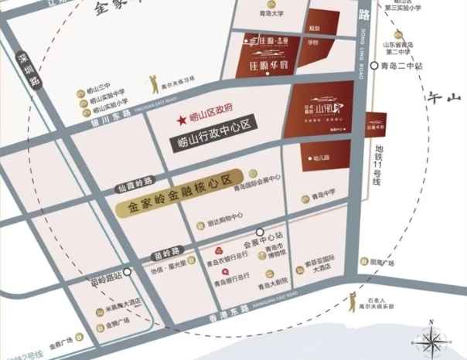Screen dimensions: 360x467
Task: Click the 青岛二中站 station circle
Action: coord(373,66)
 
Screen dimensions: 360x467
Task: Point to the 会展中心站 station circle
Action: coord(260,231)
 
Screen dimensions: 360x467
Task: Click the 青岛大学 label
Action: coord(271,13)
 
